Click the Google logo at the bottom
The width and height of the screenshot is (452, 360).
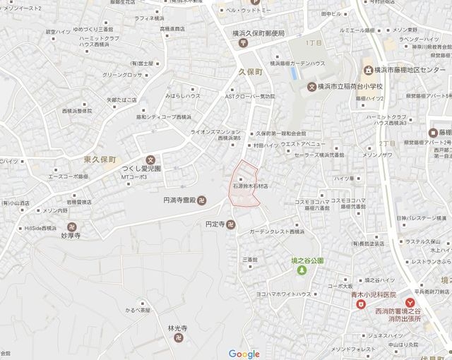244,353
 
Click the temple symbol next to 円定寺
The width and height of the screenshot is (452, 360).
232,225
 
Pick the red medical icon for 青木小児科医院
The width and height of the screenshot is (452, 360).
360,304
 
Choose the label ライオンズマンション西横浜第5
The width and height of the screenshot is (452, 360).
215,135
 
